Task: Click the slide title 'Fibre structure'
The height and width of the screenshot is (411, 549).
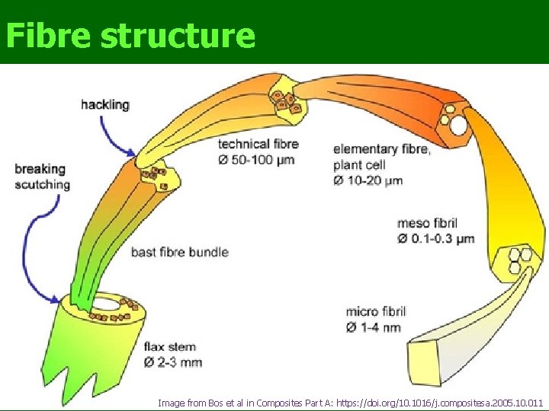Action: pyautogui.click(x=130, y=35)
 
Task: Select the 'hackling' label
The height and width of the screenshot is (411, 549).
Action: pyautogui.click(x=105, y=104)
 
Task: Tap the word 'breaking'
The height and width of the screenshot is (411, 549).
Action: pyautogui.click(x=40, y=169)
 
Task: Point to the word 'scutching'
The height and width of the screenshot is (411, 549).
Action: pyautogui.click(x=43, y=184)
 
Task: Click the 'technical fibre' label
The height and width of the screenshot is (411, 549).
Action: pyautogui.click(x=258, y=144)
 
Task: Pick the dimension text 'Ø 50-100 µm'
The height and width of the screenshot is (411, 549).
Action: pyautogui.click(x=257, y=160)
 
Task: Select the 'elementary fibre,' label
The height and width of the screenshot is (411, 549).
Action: pyautogui.click(x=381, y=149)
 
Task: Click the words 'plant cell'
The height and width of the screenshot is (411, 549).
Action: pyautogui.click(x=360, y=164)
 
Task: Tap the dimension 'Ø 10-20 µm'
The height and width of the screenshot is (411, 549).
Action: pyautogui.click(x=368, y=180)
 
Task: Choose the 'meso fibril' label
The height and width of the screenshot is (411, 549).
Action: pyautogui.click(x=427, y=223)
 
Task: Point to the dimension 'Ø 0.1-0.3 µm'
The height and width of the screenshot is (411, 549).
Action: pyautogui.click(x=435, y=239)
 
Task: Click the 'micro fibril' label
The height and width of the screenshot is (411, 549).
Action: pyautogui.click(x=376, y=311)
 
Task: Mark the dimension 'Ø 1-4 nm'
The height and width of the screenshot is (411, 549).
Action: pyautogui.click(x=373, y=327)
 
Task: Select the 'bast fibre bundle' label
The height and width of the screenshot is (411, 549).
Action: pyautogui.click(x=180, y=251)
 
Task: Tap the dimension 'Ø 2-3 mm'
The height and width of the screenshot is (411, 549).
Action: pyautogui.click(x=173, y=362)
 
